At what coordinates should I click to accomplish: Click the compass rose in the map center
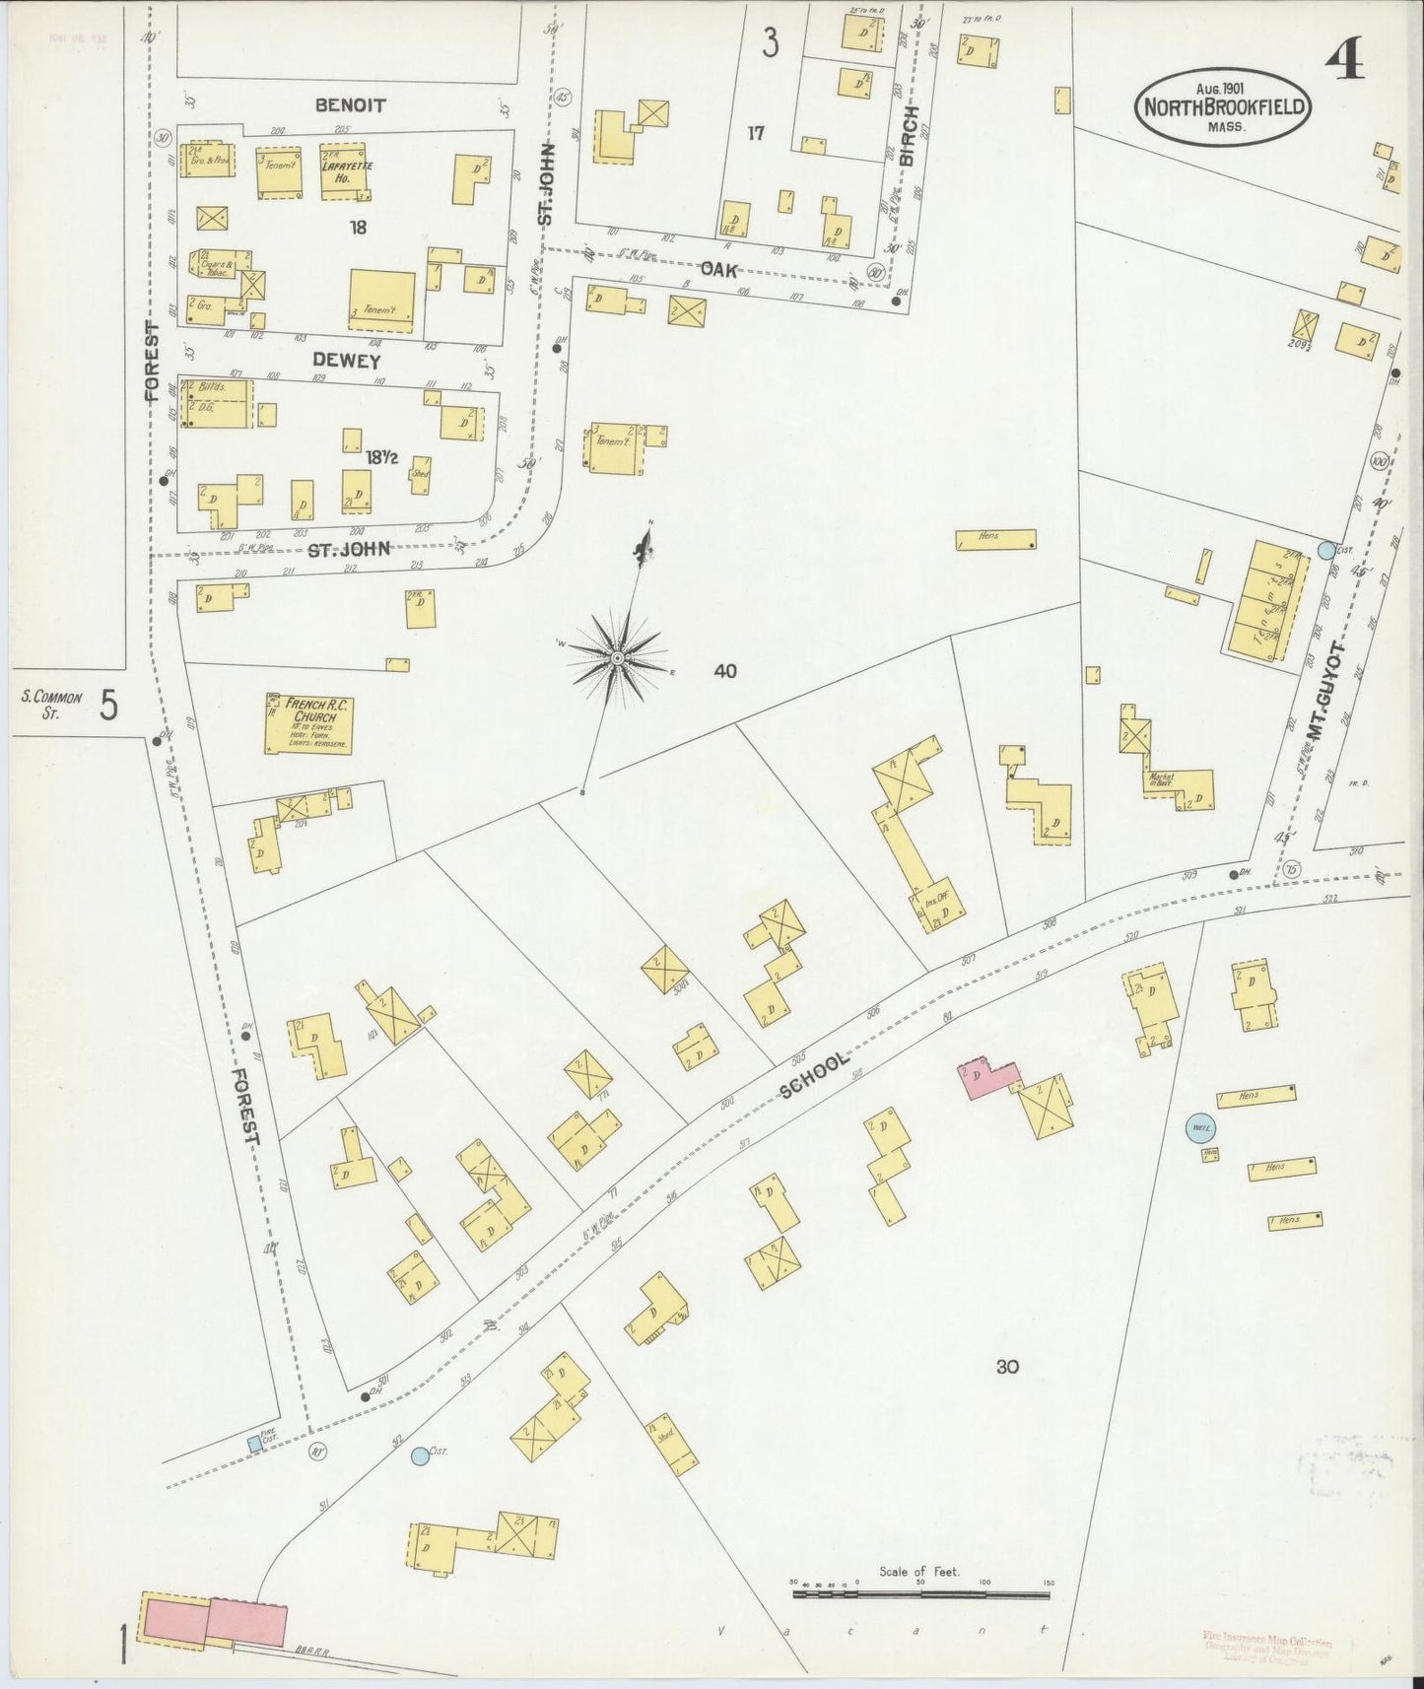(x=617, y=656)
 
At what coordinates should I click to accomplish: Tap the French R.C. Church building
(x=306, y=724)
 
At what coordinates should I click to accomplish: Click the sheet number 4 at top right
(x=1344, y=61)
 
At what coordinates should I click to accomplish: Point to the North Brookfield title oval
(x=1225, y=107)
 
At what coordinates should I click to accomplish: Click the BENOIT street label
(x=350, y=104)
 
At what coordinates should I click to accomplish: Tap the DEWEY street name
(x=346, y=361)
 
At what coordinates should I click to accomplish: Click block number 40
(x=725, y=671)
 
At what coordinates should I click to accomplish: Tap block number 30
(x=1006, y=1367)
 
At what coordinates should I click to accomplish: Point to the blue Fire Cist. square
(x=254, y=1444)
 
